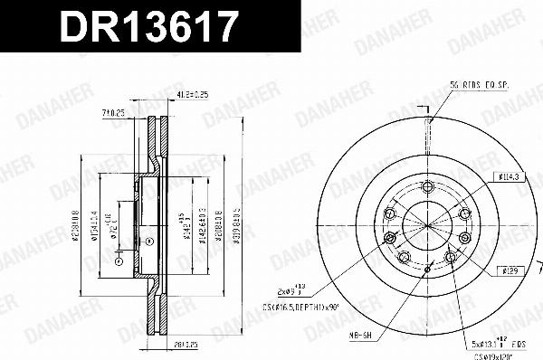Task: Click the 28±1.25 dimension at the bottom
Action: [x=186, y=344]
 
